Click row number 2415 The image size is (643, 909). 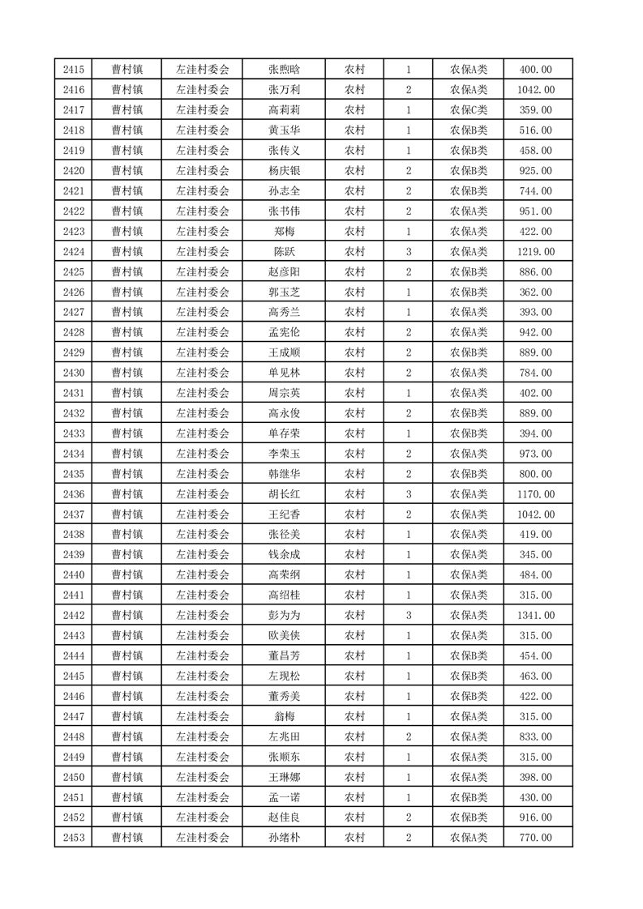pos(73,70)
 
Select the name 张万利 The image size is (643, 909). pos(284,90)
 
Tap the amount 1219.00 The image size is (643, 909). pos(535,252)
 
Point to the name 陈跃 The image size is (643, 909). pos(284,252)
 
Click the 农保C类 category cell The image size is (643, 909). pos(469,110)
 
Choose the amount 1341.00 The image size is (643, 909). pos(535,616)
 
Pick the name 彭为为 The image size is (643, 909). pos(284,616)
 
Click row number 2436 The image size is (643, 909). pos(73,494)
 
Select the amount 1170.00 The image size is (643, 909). pos(535,494)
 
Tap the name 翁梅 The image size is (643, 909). pos(284,716)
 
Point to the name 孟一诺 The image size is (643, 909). pos(284,797)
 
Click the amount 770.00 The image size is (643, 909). pos(535,838)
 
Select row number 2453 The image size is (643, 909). pos(73,838)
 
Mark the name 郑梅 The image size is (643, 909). pos(284,232)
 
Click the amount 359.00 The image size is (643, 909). pos(535,110)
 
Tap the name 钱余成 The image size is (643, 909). pos(284,555)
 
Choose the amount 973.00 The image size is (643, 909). pos(535,454)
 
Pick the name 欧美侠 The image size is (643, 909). pos(284,636)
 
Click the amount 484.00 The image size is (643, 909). pos(535,575)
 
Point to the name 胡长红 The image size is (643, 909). pos(284,494)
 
